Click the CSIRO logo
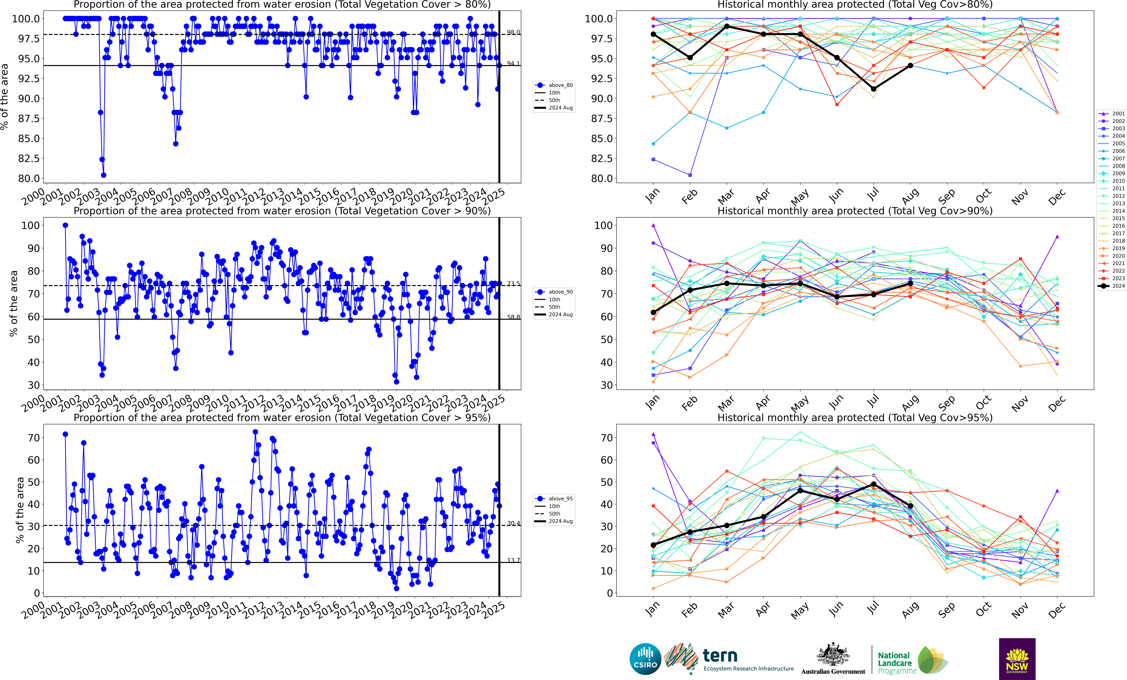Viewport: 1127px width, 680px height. (x=645, y=659)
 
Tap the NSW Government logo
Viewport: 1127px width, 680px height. (x=1017, y=659)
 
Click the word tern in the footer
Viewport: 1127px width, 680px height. (x=720, y=656)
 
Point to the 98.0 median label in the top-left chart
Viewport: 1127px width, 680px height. (x=513, y=32)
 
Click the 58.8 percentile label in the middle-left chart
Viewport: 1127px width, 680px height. (x=513, y=317)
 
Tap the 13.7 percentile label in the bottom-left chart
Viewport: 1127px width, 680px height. (x=513, y=560)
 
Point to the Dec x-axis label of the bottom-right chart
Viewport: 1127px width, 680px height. (x=1057, y=610)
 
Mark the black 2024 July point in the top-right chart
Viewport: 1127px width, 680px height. (x=874, y=89)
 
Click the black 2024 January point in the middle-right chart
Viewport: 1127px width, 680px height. (x=653, y=312)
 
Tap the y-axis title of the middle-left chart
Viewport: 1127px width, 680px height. (x=14, y=303)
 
